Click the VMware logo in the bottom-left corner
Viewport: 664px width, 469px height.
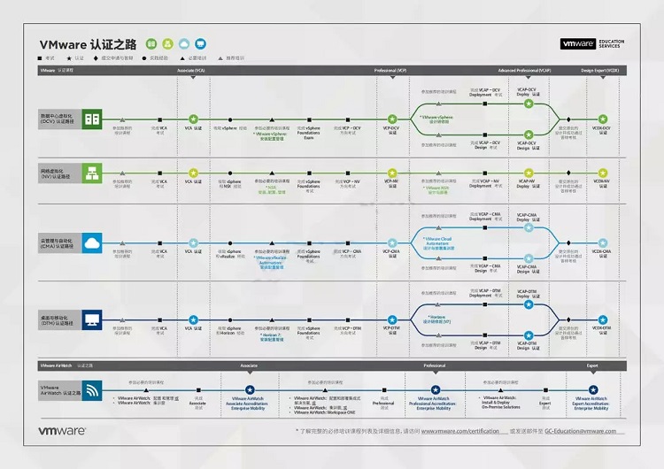coord(61,431)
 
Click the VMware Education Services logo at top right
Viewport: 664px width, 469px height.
coord(592,43)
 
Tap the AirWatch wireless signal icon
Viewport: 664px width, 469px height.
coord(93,389)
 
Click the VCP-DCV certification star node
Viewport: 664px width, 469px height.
coord(391,119)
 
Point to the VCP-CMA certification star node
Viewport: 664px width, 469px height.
coord(391,242)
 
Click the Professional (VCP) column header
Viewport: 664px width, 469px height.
coord(390,69)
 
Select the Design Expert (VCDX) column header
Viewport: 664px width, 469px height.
coord(599,69)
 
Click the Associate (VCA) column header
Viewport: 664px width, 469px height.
coord(191,69)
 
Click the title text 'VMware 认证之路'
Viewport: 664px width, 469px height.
coord(86,43)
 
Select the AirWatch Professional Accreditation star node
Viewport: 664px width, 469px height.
coord(434,389)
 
